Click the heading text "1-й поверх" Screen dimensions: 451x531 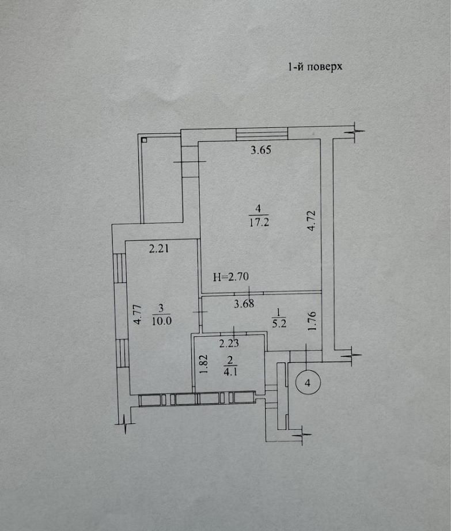(x=315, y=67)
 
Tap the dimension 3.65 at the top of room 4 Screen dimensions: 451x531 (x=261, y=150)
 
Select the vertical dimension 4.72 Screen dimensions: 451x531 (x=312, y=221)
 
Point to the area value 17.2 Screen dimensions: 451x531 (x=260, y=223)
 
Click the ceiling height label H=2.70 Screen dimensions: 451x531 (x=231, y=277)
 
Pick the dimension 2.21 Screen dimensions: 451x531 (x=159, y=249)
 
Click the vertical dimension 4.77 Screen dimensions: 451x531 (x=138, y=315)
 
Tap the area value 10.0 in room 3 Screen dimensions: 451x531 (x=162, y=321)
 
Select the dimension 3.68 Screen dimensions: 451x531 (x=244, y=304)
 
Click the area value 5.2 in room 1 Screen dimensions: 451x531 (x=279, y=324)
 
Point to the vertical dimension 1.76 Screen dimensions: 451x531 (x=312, y=321)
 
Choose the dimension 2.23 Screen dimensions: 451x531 (x=229, y=344)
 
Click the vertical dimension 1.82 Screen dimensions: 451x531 (x=203, y=364)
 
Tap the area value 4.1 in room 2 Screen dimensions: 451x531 (x=230, y=372)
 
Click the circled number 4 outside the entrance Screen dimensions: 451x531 (x=308, y=383)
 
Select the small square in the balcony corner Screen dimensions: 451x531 (x=144, y=140)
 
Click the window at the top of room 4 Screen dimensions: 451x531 (x=261, y=134)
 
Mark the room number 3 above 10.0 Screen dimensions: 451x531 (x=161, y=308)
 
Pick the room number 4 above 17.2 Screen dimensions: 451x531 (x=259, y=208)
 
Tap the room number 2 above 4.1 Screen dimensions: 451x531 (x=230, y=360)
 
